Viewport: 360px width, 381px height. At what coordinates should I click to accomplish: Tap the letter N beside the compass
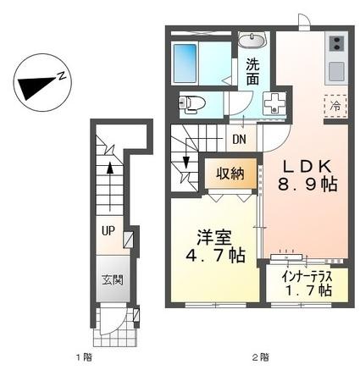(62, 75)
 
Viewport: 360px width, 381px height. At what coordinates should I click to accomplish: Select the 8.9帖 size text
(305, 184)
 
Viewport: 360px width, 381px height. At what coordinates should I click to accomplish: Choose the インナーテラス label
(305, 276)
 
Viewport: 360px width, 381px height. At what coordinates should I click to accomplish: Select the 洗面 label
(252, 70)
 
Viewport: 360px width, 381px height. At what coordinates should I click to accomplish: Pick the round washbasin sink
(252, 40)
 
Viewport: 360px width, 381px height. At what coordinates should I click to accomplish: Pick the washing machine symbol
(274, 104)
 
